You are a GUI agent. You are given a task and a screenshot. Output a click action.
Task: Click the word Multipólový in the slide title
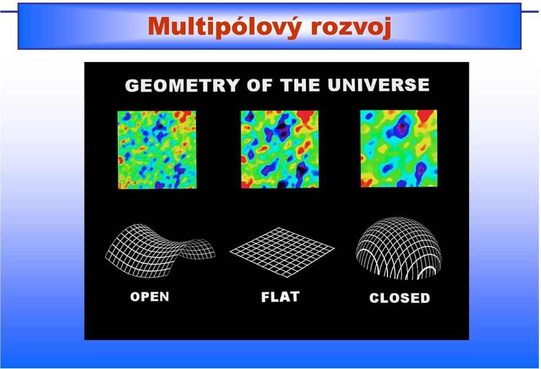pyautogui.click(x=225, y=27)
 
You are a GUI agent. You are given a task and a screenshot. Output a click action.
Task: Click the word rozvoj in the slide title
pyautogui.click(x=351, y=28)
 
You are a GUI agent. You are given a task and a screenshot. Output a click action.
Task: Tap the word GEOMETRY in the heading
pyautogui.click(x=182, y=85)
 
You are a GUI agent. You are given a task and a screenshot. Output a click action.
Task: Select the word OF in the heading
pyautogui.click(x=260, y=85)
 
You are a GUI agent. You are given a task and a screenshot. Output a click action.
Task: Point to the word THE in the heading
pyautogui.click(x=300, y=85)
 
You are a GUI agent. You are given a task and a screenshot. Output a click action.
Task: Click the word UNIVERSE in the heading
pyautogui.click(x=379, y=85)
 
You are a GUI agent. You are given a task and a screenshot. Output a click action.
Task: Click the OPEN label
pyautogui.click(x=150, y=297)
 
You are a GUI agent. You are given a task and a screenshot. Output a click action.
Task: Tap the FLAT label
pyautogui.click(x=280, y=297)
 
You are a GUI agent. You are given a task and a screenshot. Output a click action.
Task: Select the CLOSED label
pyautogui.click(x=400, y=298)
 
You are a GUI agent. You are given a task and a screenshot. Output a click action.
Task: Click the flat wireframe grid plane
pyautogui.click(x=282, y=252)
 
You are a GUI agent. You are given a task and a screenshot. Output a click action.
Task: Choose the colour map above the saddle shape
pyautogui.click(x=157, y=150)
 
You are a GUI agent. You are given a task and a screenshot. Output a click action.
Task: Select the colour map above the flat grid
pyautogui.click(x=280, y=150)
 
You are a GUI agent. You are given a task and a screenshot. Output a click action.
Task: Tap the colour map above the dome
pyautogui.click(x=399, y=148)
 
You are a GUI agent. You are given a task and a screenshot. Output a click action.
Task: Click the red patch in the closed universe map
pyautogui.click(x=425, y=116)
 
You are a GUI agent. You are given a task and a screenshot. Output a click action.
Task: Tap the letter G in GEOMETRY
pyautogui.click(x=131, y=86)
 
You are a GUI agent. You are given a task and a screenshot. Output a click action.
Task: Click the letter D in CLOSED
pyautogui.click(x=425, y=298)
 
